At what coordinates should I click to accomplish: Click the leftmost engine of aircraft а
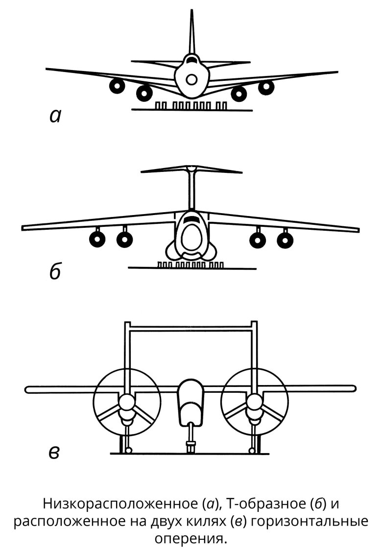click(x=117, y=86)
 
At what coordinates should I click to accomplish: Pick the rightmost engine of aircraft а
click(x=266, y=87)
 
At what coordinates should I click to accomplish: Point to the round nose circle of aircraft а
click(x=192, y=79)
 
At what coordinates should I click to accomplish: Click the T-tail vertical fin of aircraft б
click(x=191, y=191)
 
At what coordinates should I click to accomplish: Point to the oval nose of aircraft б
click(x=191, y=236)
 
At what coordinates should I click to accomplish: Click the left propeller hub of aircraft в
click(x=126, y=403)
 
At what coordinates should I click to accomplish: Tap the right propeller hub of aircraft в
click(x=254, y=403)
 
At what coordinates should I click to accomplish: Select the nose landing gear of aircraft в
click(x=191, y=438)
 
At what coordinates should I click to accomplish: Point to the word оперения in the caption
click(x=191, y=539)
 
